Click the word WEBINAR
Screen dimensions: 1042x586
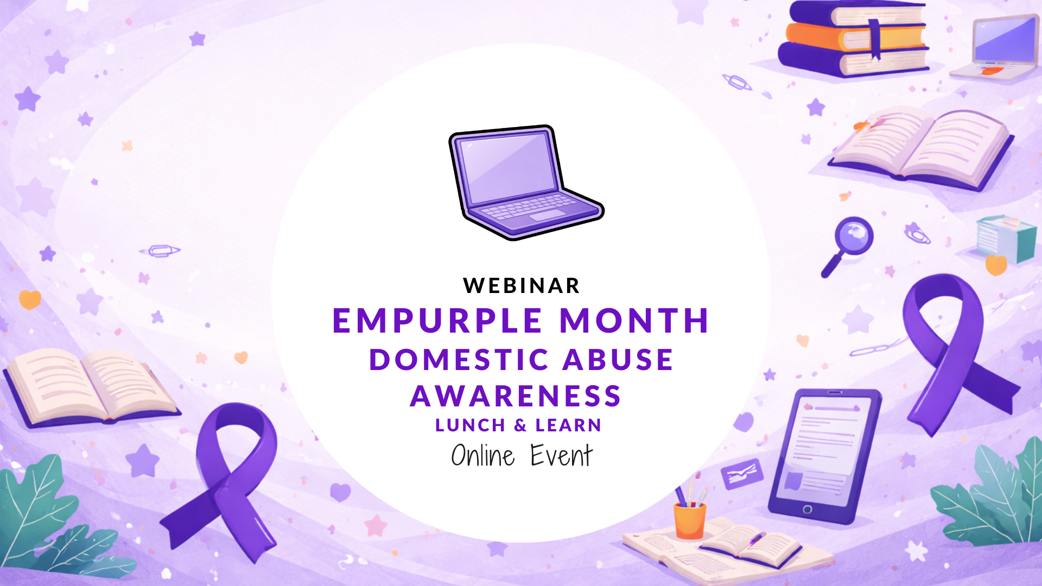tap(522, 286)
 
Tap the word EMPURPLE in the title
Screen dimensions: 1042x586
tap(437, 320)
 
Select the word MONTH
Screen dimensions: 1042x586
tap(634, 320)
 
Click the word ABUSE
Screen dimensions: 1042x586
tap(618, 360)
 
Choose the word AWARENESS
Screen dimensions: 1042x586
tap(516, 396)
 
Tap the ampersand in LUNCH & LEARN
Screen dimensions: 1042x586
tap(520, 425)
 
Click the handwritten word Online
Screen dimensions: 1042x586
tap(483, 456)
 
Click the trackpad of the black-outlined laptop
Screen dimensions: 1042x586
tap(547, 215)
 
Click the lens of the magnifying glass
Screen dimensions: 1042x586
tap(854, 235)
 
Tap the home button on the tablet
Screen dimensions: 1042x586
tap(807, 509)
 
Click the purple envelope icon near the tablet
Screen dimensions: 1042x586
tap(742, 474)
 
